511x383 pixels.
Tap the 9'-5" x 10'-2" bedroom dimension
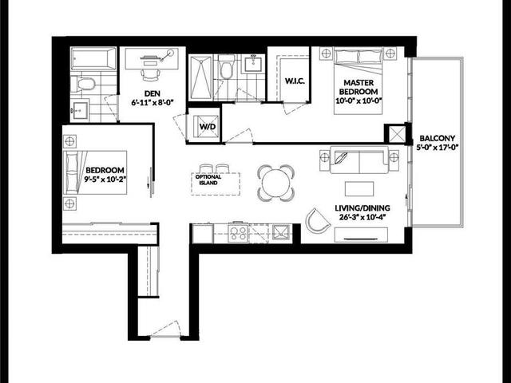point(105,180)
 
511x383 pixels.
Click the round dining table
point(275,181)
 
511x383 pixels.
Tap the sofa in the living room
point(359,160)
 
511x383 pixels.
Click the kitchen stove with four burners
point(238,232)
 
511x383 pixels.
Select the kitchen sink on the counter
point(280,232)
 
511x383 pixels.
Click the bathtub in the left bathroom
point(93,59)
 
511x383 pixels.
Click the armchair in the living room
point(316,223)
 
